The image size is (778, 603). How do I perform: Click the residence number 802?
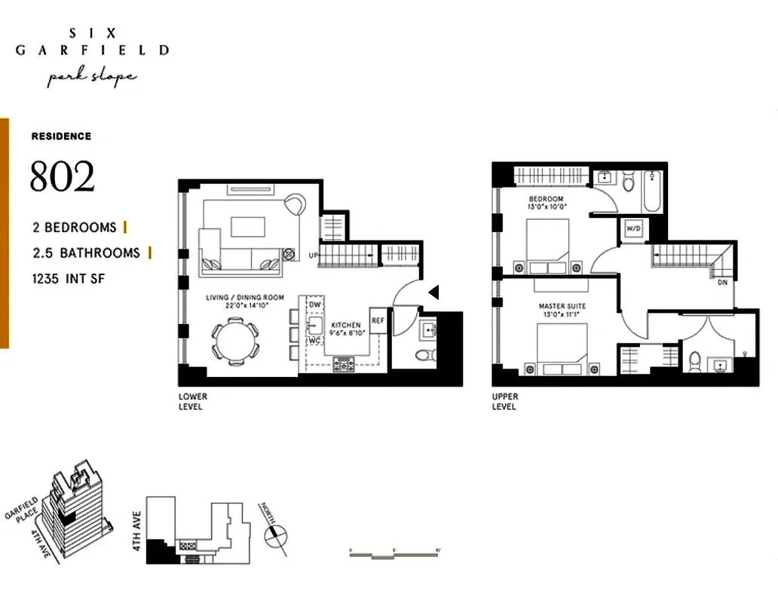(63, 177)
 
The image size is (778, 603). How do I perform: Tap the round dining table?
(234, 338)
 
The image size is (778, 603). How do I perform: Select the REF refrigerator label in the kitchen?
(378, 320)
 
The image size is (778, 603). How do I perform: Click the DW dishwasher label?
(315, 304)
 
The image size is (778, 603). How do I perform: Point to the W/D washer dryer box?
(629, 228)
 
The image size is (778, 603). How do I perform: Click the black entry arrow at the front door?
(433, 292)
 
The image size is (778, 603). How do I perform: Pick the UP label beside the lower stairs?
(313, 256)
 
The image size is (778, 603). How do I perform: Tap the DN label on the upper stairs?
(722, 283)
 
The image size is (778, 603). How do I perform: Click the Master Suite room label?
(562, 306)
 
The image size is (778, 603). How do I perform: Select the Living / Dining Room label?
(245, 298)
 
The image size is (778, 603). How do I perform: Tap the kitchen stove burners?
(344, 363)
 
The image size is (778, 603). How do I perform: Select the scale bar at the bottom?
(394, 554)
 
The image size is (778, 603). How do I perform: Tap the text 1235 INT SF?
(69, 279)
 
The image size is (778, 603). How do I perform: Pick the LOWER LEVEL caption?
(192, 402)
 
